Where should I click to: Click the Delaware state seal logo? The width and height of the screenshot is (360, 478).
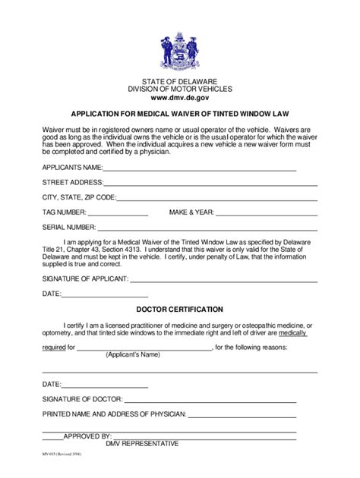pos(179,52)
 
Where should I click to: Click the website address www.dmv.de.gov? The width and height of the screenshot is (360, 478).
pos(179,99)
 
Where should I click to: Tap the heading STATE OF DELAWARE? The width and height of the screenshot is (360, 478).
pos(179,80)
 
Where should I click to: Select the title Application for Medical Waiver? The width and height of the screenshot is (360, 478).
pos(179,115)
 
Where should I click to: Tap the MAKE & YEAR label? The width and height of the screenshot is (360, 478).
pos(191,212)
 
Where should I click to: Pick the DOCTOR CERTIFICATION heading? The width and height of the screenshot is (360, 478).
pos(179,310)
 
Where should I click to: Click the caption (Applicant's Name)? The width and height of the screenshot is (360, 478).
pos(133,355)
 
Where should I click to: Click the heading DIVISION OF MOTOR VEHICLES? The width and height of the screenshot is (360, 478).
pos(179,90)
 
